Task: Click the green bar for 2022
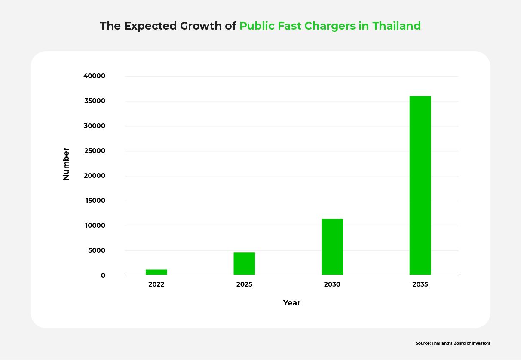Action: click(156, 272)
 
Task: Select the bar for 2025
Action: click(244, 263)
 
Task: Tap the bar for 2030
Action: click(332, 247)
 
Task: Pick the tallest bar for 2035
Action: click(420, 185)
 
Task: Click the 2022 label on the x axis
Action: click(156, 284)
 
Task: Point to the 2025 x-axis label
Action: click(244, 284)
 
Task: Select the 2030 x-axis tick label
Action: click(332, 284)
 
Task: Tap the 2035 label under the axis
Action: click(420, 284)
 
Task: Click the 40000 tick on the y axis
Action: click(95, 76)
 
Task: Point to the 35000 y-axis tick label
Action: click(95, 101)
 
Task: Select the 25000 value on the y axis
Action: click(95, 151)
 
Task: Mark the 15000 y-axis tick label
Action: click(95, 201)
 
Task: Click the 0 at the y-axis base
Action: click(103, 275)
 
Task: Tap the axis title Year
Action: click(291, 303)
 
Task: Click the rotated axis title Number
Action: click(66, 164)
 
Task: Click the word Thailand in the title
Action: click(396, 26)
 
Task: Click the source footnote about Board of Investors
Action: click(453, 343)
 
